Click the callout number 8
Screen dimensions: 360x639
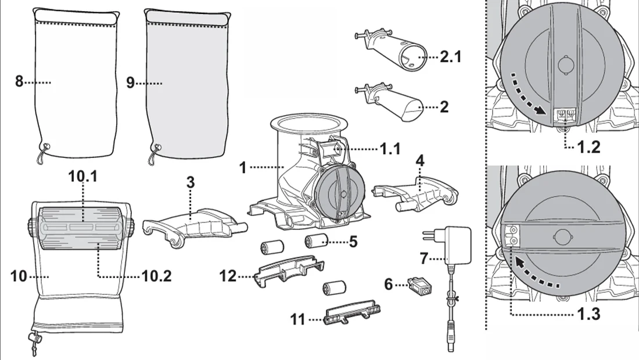(x=19, y=82)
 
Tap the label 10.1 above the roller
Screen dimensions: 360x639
(x=84, y=177)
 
